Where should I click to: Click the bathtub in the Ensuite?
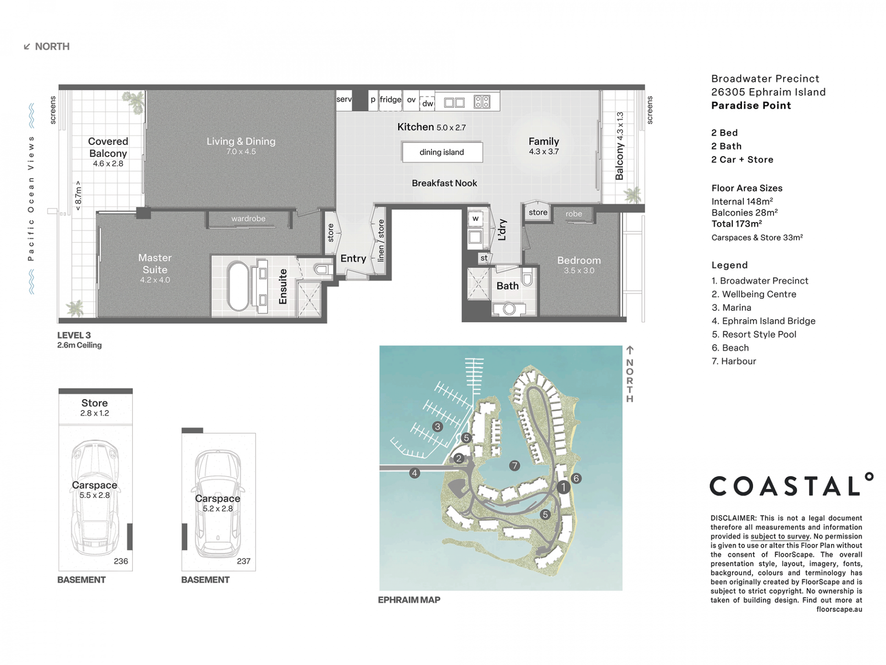click(238, 286)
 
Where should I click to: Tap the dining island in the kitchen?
click(442, 152)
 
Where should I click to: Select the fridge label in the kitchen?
click(390, 99)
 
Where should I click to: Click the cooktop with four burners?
click(482, 102)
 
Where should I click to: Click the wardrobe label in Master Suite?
click(248, 218)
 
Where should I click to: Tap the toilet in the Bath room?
click(528, 278)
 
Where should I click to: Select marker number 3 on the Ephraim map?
click(437, 427)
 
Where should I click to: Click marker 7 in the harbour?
click(515, 465)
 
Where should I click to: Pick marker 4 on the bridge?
click(414, 473)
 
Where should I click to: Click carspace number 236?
click(121, 561)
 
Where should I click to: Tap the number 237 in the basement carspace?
click(244, 561)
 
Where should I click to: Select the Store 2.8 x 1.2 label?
click(95, 407)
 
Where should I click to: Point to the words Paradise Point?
click(751, 105)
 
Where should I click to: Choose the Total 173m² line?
click(736, 224)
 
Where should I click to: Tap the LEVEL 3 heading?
click(74, 335)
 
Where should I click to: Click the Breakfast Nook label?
click(444, 183)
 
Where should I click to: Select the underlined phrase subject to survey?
click(780, 537)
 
